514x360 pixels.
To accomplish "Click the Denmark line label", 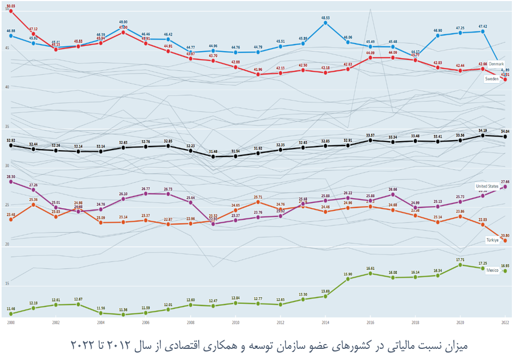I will pos(494,64).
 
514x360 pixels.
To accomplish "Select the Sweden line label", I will pos(492,79).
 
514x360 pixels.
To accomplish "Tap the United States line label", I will pos(487,186).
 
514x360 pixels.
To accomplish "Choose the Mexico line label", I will pos(493,271).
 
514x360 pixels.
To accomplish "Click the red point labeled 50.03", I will pos(11,11).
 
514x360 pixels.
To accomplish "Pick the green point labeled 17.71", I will pos(460,265).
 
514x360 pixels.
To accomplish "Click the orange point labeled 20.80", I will pos(505,241).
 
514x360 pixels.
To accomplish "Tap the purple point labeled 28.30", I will pos(11,182).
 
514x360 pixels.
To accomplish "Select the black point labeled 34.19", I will pos(483,135).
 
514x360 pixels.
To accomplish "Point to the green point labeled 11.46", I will pos(11,314).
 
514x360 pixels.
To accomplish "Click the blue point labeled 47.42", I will pos(483,31).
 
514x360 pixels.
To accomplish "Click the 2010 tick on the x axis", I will pos(235,323).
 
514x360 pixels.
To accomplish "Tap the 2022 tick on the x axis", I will pos(504,323).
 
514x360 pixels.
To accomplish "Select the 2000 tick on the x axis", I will pos(11,323).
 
